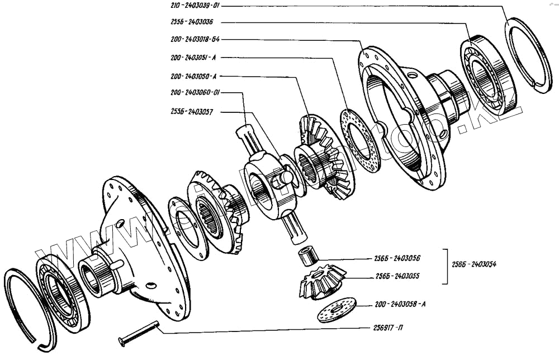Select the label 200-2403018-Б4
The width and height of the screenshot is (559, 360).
(197, 40)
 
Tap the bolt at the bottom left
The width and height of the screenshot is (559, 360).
(139, 333)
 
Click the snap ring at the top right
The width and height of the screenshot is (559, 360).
(528, 56)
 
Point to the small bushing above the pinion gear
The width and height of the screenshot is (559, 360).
(308, 256)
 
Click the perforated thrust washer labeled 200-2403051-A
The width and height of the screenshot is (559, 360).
(360, 140)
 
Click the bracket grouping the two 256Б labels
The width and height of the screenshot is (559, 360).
(446, 266)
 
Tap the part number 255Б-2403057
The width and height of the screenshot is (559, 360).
(193, 112)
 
